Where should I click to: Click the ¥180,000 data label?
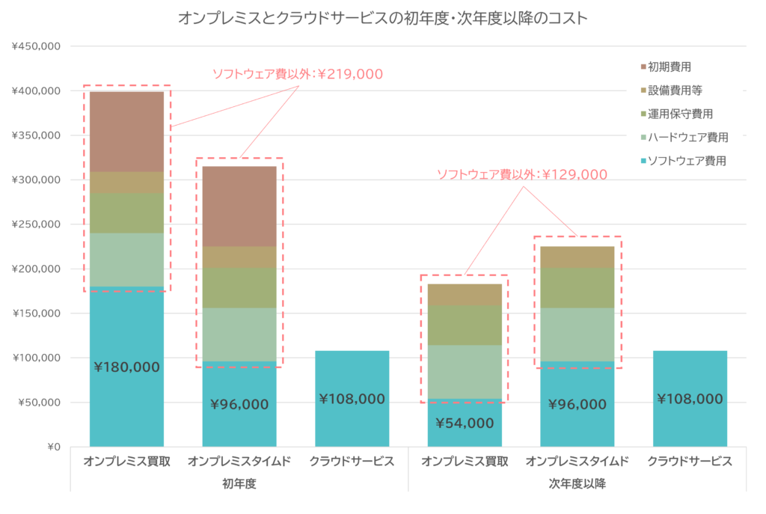127,367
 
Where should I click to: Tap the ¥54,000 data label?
465,423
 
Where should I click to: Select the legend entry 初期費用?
670,67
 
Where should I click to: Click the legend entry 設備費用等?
675,90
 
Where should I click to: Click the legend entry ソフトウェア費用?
687,160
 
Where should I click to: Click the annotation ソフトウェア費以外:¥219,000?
298,74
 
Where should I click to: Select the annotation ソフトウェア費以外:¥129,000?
522,174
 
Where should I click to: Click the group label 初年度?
239,483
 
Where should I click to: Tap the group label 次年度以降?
577,483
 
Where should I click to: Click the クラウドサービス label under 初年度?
352,462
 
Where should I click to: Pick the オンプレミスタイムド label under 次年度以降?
577,462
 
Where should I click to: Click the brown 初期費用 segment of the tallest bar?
127,131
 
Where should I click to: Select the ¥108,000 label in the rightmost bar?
690,399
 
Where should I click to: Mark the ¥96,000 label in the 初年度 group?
239,404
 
